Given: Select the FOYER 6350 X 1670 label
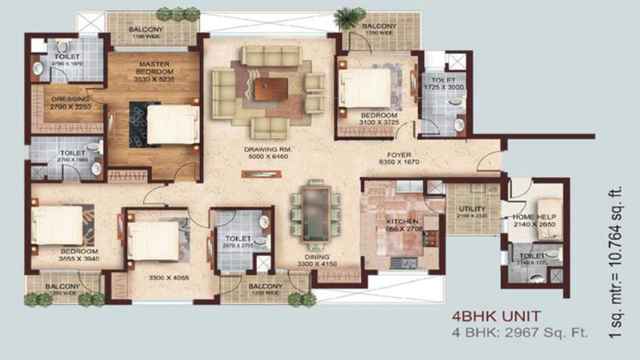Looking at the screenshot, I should (398, 158).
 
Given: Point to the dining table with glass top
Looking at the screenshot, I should (316, 214).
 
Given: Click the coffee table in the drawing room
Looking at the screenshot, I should (270, 89).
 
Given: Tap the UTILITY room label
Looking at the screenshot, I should (472, 211).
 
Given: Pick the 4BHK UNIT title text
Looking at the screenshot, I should (496, 316).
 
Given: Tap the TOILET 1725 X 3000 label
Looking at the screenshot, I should (443, 83).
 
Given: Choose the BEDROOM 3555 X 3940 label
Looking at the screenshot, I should (79, 254).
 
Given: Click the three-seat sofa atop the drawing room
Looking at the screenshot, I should (271, 55).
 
